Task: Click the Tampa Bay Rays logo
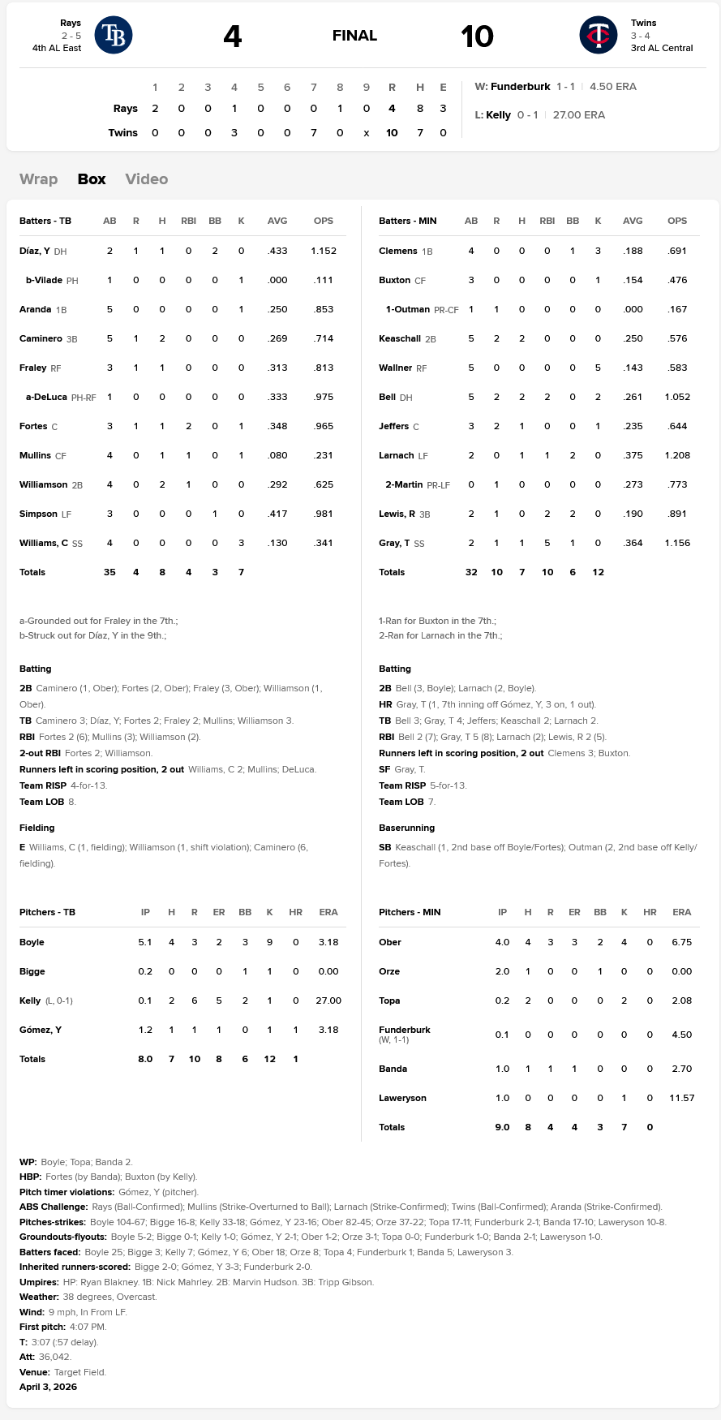click(x=114, y=35)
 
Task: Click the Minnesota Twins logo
click(x=599, y=35)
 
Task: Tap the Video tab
click(x=146, y=179)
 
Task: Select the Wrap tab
click(x=38, y=179)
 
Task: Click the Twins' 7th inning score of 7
click(x=313, y=132)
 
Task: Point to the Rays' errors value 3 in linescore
click(x=443, y=108)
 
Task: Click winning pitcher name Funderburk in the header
click(x=520, y=86)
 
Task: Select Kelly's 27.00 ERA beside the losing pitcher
click(x=578, y=114)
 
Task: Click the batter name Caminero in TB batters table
click(x=41, y=338)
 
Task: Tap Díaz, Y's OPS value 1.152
click(x=323, y=251)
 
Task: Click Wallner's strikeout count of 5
click(x=598, y=368)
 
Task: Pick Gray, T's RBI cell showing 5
click(x=547, y=543)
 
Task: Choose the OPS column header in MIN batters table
click(x=676, y=221)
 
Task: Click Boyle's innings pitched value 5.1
click(x=145, y=942)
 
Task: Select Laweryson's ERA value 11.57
click(x=681, y=1098)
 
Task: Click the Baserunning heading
click(x=406, y=828)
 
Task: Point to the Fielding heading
click(x=37, y=828)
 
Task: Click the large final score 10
click(x=477, y=36)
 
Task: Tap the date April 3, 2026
click(x=49, y=1387)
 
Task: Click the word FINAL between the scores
click(x=354, y=36)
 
